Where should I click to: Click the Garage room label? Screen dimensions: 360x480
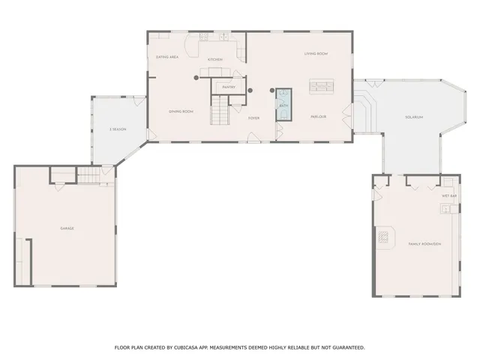pyautogui.click(x=67, y=228)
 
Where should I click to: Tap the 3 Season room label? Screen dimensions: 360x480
pyautogui.click(x=117, y=130)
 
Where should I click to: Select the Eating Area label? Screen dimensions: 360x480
pyautogui.click(x=166, y=57)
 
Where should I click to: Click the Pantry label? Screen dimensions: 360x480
pyautogui.click(x=229, y=87)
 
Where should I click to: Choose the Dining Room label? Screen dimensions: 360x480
pyautogui.click(x=181, y=111)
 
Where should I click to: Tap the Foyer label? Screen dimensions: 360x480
pyautogui.click(x=254, y=118)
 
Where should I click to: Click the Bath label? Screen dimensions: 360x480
pyautogui.click(x=284, y=106)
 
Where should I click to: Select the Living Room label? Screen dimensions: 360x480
pyautogui.click(x=316, y=54)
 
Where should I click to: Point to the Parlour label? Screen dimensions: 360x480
pyautogui.click(x=318, y=117)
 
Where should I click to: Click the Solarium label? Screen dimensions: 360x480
pyautogui.click(x=414, y=117)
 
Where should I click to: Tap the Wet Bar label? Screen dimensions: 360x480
pyautogui.click(x=448, y=196)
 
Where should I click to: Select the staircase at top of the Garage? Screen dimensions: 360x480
pyautogui.click(x=90, y=176)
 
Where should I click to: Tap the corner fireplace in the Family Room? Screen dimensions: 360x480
pyautogui.click(x=384, y=238)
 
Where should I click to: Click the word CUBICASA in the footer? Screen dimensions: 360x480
pyautogui.click(x=184, y=347)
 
